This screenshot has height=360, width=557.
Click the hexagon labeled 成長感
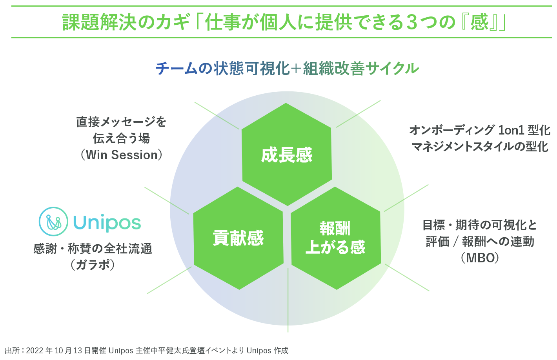pos(287,155)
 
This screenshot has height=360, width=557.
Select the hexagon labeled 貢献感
pos(238,238)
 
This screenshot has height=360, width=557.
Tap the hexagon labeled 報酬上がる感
pos(335,238)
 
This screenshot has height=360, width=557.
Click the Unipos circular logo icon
pos(53,222)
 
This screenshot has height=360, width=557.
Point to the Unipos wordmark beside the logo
pos(107,223)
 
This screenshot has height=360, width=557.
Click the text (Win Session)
pos(122,155)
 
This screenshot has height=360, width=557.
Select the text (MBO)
pos(480,258)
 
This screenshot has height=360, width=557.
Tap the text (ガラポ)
pos(93,265)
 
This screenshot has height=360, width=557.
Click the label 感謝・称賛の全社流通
pos(93,249)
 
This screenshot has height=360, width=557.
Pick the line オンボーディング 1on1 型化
pos(480,130)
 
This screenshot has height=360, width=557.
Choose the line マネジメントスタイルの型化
pos(480,147)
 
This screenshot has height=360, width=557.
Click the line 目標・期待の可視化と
pos(480,225)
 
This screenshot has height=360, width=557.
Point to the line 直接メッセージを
pos(122,122)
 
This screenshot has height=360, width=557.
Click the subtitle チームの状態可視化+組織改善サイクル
pos(287,69)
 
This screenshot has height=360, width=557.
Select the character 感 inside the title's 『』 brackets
pos(479,22)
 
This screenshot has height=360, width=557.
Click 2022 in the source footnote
pos(35,351)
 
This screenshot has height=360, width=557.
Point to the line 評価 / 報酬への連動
pos(480,242)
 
